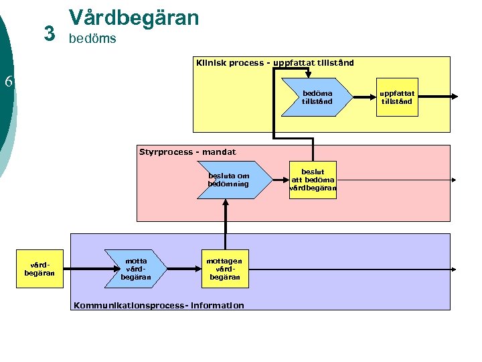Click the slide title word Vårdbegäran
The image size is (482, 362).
[x=134, y=17]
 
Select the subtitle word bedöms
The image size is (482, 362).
[x=92, y=39]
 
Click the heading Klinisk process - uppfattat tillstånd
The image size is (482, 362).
[x=274, y=63]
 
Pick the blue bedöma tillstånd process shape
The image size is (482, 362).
[x=316, y=98]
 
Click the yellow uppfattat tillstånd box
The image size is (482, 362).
[x=398, y=98]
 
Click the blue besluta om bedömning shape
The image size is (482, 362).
[x=229, y=180]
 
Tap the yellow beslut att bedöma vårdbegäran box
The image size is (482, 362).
[x=313, y=180]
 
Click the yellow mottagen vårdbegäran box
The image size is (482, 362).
[x=225, y=269]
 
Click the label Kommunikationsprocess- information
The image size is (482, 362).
[x=159, y=306]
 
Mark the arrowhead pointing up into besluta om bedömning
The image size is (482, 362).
[x=226, y=204]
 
